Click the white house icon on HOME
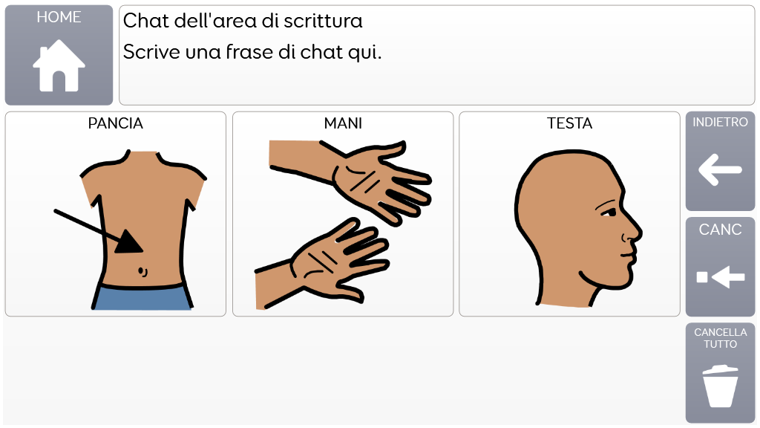click(59, 65)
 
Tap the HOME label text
click(59, 17)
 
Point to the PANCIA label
click(115, 123)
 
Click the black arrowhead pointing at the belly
click(128, 241)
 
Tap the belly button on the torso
click(142, 271)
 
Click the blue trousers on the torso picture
click(142, 297)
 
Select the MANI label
click(343, 123)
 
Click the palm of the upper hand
click(358, 180)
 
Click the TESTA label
click(569, 123)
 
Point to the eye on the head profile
click(610, 212)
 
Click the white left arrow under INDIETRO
click(720, 170)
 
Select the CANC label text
click(720, 230)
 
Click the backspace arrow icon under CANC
click(720, 277)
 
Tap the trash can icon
click(720, 386)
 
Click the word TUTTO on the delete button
click(720, 344)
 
